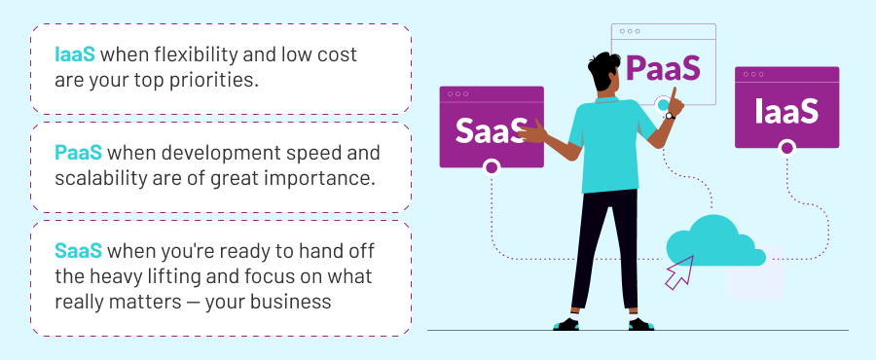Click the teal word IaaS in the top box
[x=75, y=54]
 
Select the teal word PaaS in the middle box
[x=78, y=153]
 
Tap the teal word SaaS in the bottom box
[x=78, y=251]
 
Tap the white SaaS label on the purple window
[x=491, y=130]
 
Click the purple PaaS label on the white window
[x=663, y=68]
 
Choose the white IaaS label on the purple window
[x=786, y=111]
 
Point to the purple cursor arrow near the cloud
[x=678, y=272]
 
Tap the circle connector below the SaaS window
[x=492, y=167]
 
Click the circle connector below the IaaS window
[x=786, y=148]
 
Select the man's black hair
[x=602, y=70]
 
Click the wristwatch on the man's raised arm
[x=670, y=116]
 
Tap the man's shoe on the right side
[x=640, y=324]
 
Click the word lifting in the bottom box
[x=208, y=277]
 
